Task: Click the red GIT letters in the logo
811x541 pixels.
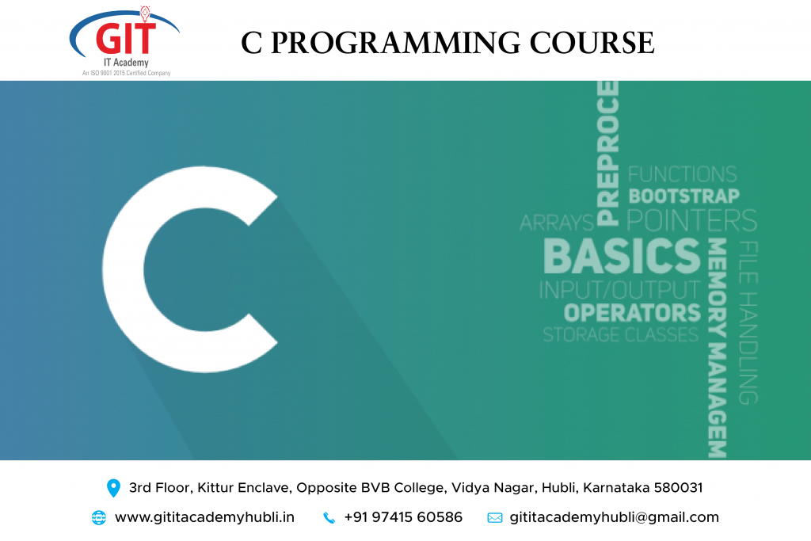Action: pos(126,38)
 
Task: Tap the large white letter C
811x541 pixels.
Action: pos(190,269)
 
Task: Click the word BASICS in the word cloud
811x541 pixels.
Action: pos(622,256)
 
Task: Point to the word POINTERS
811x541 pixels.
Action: pos(691,220)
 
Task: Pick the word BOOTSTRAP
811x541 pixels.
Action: pos(683,196)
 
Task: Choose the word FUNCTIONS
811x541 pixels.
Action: pos(682,173)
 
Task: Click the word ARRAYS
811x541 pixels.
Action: pos(557,223)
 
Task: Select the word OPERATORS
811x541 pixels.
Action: pos(632,313)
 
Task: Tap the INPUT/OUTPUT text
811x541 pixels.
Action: pos(619,290)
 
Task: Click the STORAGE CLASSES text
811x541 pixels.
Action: pos(621,334)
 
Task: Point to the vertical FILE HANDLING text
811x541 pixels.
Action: pos(748,322)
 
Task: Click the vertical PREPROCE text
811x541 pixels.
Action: pos(607,153)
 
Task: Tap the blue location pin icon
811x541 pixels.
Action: pos(113,488)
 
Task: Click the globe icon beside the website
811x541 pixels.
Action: pos(99,518)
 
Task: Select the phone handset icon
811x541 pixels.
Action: pos(329,518)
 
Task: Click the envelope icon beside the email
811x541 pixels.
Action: pos(495,518)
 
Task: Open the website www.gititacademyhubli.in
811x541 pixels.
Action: pos(205,517)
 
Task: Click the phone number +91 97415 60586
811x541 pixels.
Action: pos(403,517)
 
